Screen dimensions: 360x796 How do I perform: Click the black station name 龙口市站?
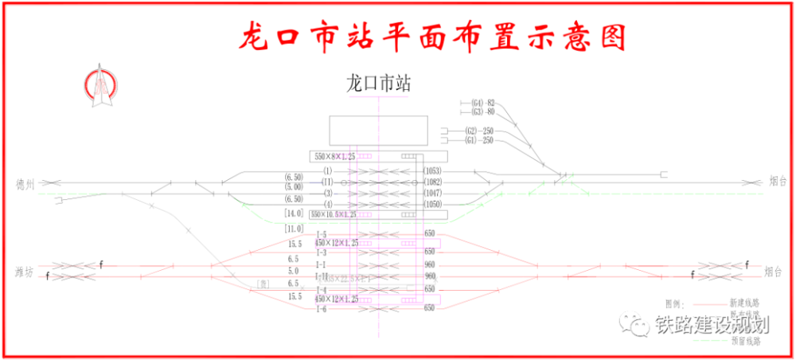(x=378, y=83)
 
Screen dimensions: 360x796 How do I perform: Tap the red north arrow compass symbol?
(x=102, y=85)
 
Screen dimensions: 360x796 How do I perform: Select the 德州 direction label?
(x=26, y=183)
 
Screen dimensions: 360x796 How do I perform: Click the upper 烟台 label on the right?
(x=778, y=182)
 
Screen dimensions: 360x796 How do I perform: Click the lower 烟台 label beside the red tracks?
(x=778, y=272)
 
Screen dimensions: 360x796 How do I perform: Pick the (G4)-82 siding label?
(x=482, y=103)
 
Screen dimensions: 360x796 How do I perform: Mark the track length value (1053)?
(x=432, y=171)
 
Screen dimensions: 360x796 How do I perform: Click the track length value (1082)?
(x=432, y=182)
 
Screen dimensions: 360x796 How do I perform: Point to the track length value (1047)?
(x=432, y=194)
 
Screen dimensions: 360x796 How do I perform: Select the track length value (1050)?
(x=432, y=205)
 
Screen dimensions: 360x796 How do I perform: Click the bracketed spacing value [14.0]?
(x=294, y=214)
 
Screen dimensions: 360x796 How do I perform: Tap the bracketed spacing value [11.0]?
(x=294, y=229)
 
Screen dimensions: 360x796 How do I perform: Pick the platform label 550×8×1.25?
(x=337, y=155)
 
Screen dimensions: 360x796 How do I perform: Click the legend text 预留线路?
(x=744, y=341)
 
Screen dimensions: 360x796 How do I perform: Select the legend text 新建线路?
(x=744, y=303)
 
